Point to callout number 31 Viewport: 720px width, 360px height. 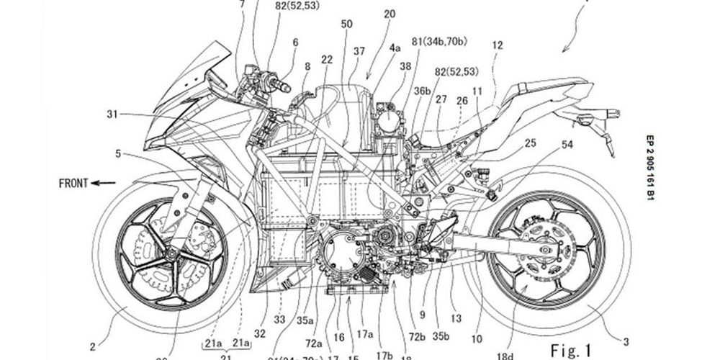[x=112, y=114]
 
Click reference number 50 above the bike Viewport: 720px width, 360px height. [x=346, y=24]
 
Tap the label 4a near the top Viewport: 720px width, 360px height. [x=395, y=48]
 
